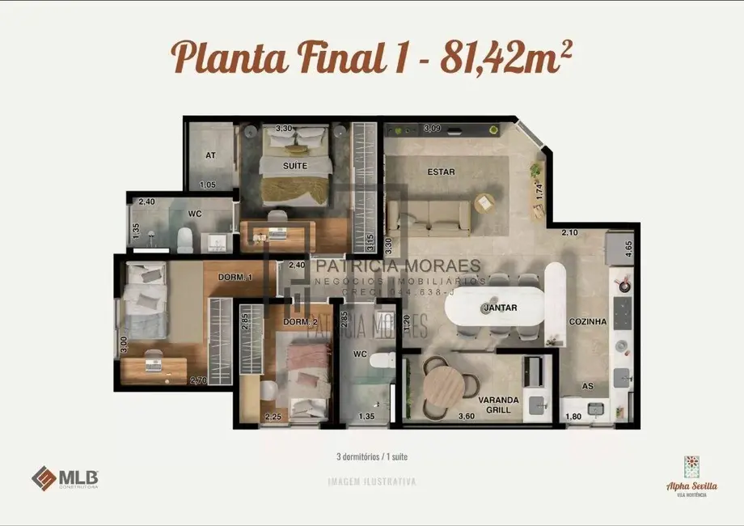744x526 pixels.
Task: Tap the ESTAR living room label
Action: click(442, 172)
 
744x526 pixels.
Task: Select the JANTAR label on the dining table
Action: click(500, 308)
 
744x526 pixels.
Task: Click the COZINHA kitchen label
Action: click(587, 321)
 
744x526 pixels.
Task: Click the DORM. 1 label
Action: click(235, 278)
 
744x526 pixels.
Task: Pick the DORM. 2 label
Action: click(298, 322)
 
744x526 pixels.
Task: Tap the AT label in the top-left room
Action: click(210, 155)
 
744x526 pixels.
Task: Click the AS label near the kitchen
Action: click(588, 386)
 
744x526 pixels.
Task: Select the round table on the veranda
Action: click(443, 385)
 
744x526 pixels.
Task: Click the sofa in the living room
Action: click(429, 217)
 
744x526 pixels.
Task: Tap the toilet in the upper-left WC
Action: click(184, 239)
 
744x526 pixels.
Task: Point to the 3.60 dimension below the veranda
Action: click(465, 417)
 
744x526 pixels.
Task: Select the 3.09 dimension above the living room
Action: click(433, 128)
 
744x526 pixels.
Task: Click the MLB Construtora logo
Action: click(65, 478)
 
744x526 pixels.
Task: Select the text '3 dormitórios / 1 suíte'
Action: click(371, 456)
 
